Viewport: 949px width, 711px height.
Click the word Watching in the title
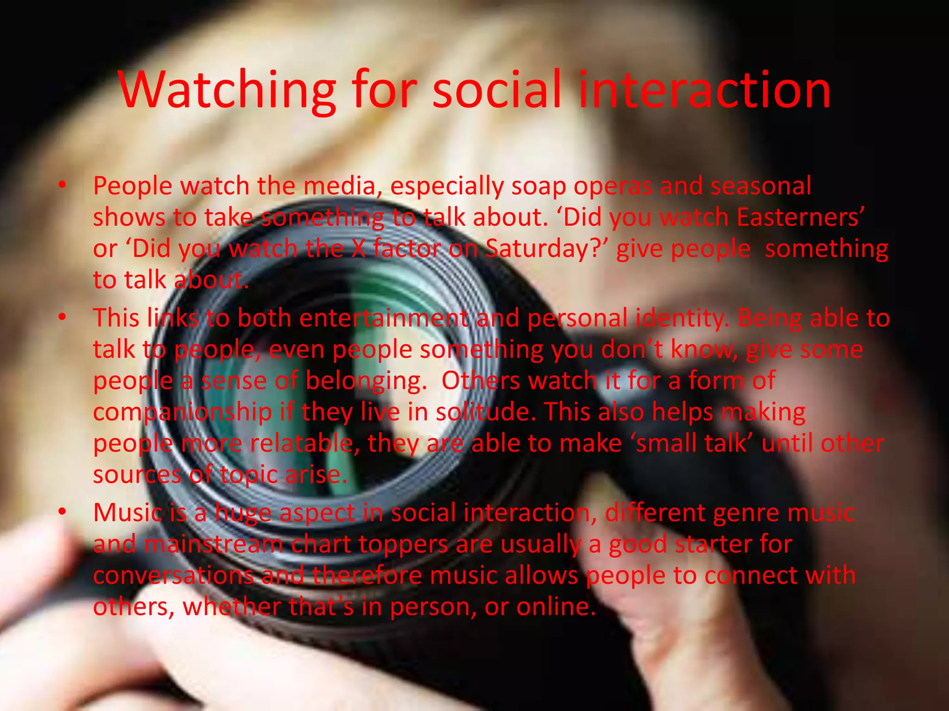coord(228,90)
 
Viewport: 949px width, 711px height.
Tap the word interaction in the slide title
coord(704,90)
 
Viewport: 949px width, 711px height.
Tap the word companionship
coord(183,412)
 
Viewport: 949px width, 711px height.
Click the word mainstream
coord(214,544)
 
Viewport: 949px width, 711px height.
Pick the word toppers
coord(403,545)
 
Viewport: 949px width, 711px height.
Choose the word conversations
coord(173,576)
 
